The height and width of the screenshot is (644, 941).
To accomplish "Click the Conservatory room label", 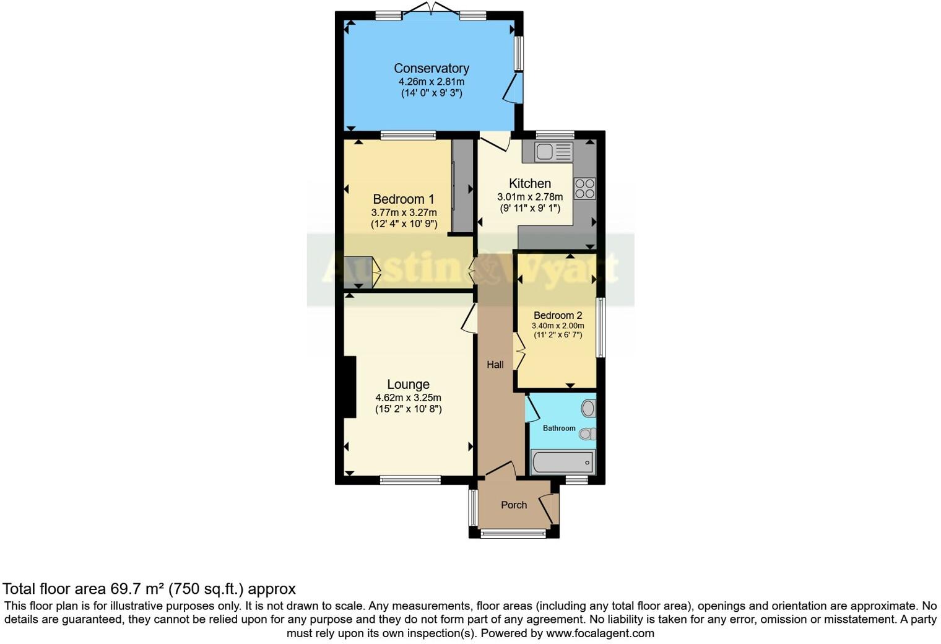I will click(x=431, y=68).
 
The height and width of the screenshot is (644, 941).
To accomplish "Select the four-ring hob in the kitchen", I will click(x=584, y=189).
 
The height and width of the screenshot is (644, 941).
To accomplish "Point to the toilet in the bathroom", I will click(x=587, y=434).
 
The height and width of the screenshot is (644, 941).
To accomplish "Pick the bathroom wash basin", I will click(x=588, y=408).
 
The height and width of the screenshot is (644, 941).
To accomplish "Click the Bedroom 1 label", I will click(x=403, y=199).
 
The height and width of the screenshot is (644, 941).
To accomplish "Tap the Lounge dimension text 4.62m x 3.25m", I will click(x=408, y=398).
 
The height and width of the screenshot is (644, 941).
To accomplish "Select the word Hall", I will click(x=495, y=365).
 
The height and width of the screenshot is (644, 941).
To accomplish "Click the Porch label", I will click(x=514, y=505).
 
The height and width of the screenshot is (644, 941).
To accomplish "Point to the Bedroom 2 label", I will click(x=558, y=315).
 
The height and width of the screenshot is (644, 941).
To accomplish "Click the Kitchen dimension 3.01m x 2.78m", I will click(x=530, y=197).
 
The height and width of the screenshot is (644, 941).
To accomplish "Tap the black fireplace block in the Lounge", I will click(x=349, y=387).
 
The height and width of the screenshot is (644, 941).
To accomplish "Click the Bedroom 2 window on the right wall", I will click(x=600, y=327).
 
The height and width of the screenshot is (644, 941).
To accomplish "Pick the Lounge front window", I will click(x=410, y=479).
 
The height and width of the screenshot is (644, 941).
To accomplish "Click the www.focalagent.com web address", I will click(x=600, y=633).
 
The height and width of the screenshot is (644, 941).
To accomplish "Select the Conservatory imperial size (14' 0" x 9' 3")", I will click(x=431, y=94).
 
